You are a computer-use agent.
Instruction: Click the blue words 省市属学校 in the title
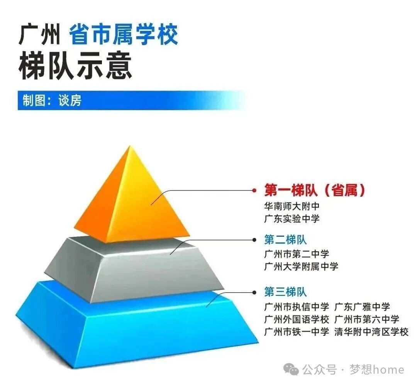click(124, 34)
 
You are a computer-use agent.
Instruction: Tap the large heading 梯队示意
click(75, 65)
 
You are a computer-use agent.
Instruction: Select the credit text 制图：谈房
click(52, 100)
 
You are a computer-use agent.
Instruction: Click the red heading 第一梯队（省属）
click(315, 190)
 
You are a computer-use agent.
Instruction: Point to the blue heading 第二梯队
click(285, 239)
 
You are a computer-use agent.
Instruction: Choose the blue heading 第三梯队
click(285, 292)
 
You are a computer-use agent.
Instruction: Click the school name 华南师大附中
click(292, 206)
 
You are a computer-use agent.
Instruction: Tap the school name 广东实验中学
click(292, 219)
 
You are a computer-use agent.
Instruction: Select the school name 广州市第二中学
click(297, 254)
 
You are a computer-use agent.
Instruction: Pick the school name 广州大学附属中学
click(301, 266)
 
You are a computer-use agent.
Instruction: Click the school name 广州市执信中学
click(297, 307)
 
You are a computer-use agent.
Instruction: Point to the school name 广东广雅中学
click(362, 307)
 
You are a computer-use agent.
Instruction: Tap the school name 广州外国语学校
click(297, 319)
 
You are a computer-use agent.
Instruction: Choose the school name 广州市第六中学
click(367, 319)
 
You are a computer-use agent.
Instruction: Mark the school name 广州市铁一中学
click(297, 332)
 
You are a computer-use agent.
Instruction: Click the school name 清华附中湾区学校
click(371, 332)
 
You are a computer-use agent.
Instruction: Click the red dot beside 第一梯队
click(254, 190)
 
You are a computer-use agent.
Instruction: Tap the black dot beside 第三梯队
click(254, 293)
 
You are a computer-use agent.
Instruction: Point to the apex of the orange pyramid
click(129, 146)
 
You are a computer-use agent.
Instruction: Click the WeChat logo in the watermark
click(291, 369)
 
